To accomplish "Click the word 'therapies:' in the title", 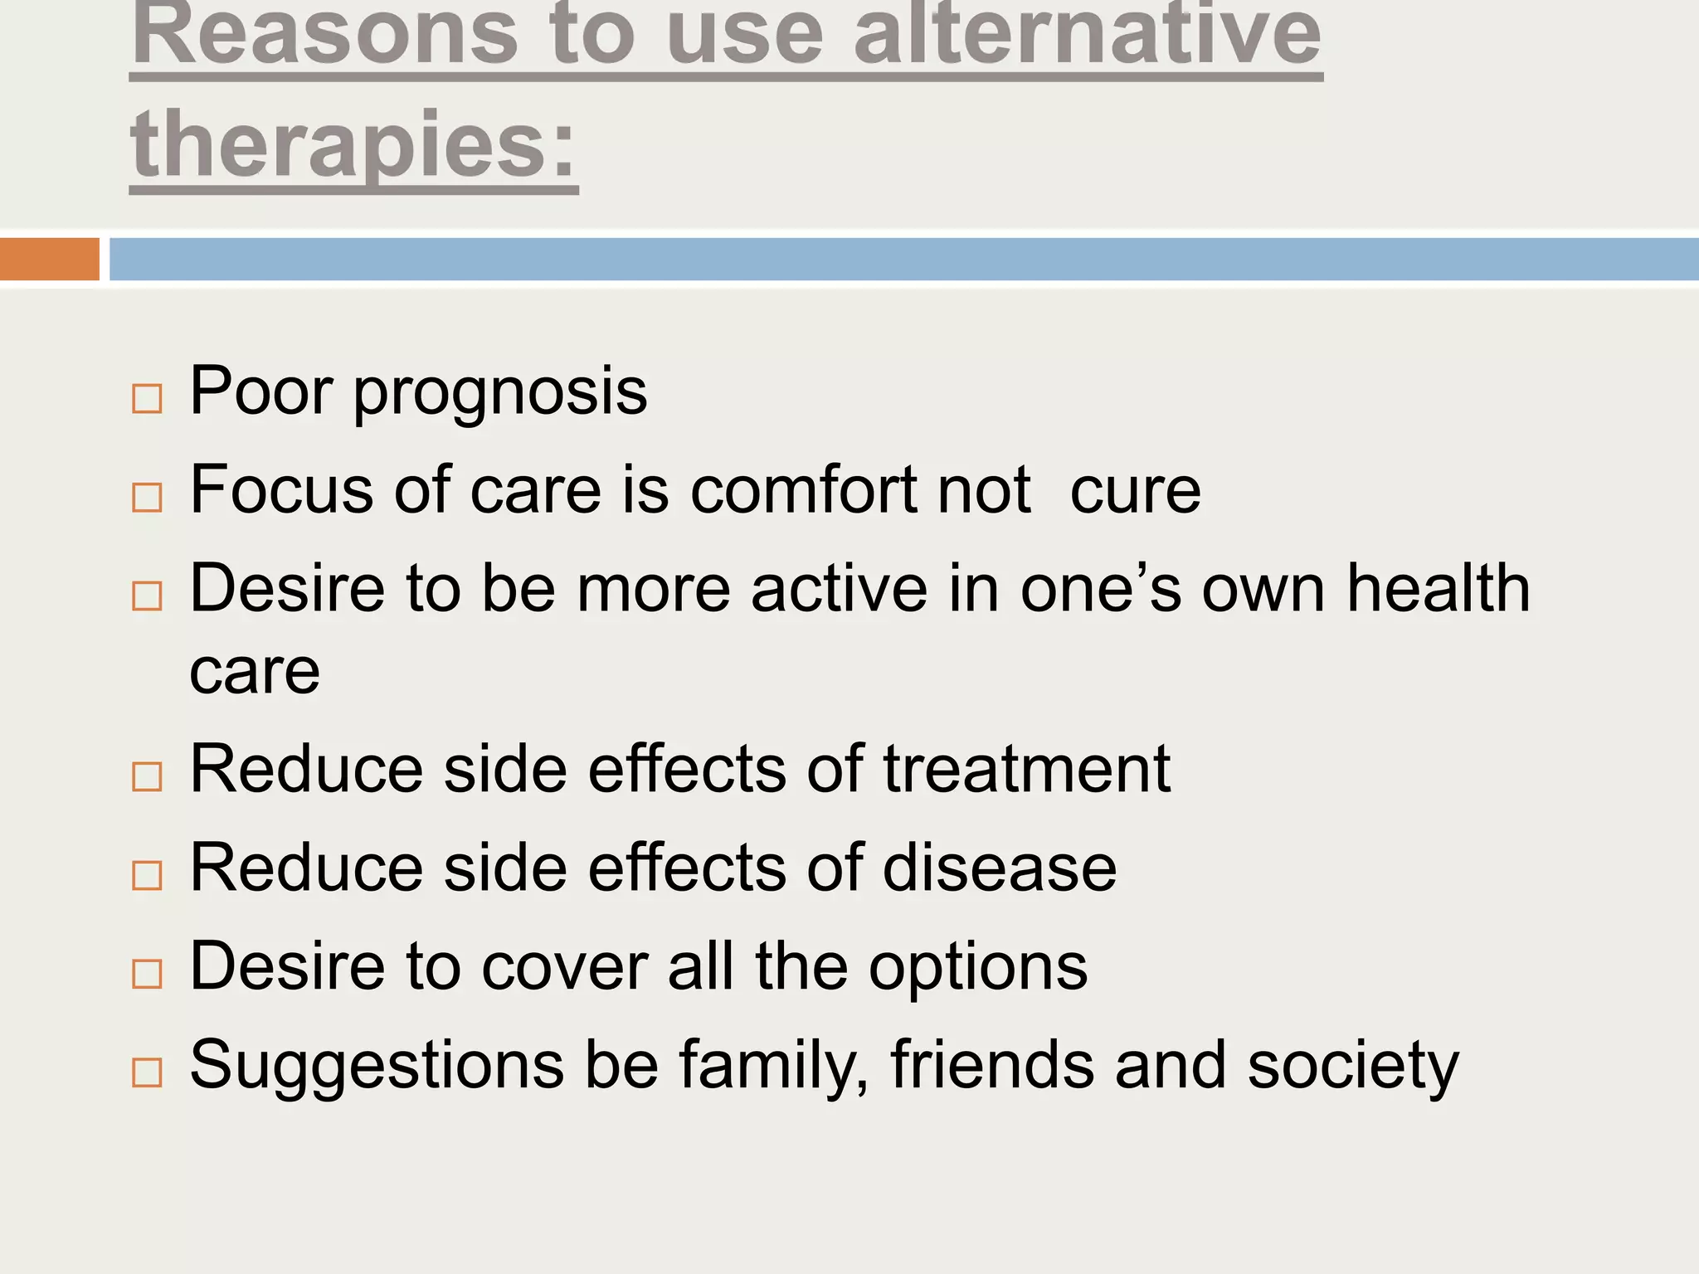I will pyautogui.click(x=354, y=145).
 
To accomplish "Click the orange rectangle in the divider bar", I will pyautogui.click(x=50, y=259).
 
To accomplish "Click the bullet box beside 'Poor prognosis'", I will pyautogui.click(x=147, y=399).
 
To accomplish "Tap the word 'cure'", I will pyautogui.click(x=1135, y=490).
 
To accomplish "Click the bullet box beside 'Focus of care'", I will pyautogui.click(x=147, y=498).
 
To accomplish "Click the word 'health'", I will pyautogui.click(x=1439, y=588).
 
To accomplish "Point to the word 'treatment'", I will pyautogui.click(x=1026, y=770).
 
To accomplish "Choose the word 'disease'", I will pyautogui.click(x=1000, y=868).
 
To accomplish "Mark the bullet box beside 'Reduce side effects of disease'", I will pyautogui.click(x=147, y=875).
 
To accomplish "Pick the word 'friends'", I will pyautogui.click(x=992, y=1065).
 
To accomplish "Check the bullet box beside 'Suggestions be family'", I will pyautogui.click(x=147, y=1072).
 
